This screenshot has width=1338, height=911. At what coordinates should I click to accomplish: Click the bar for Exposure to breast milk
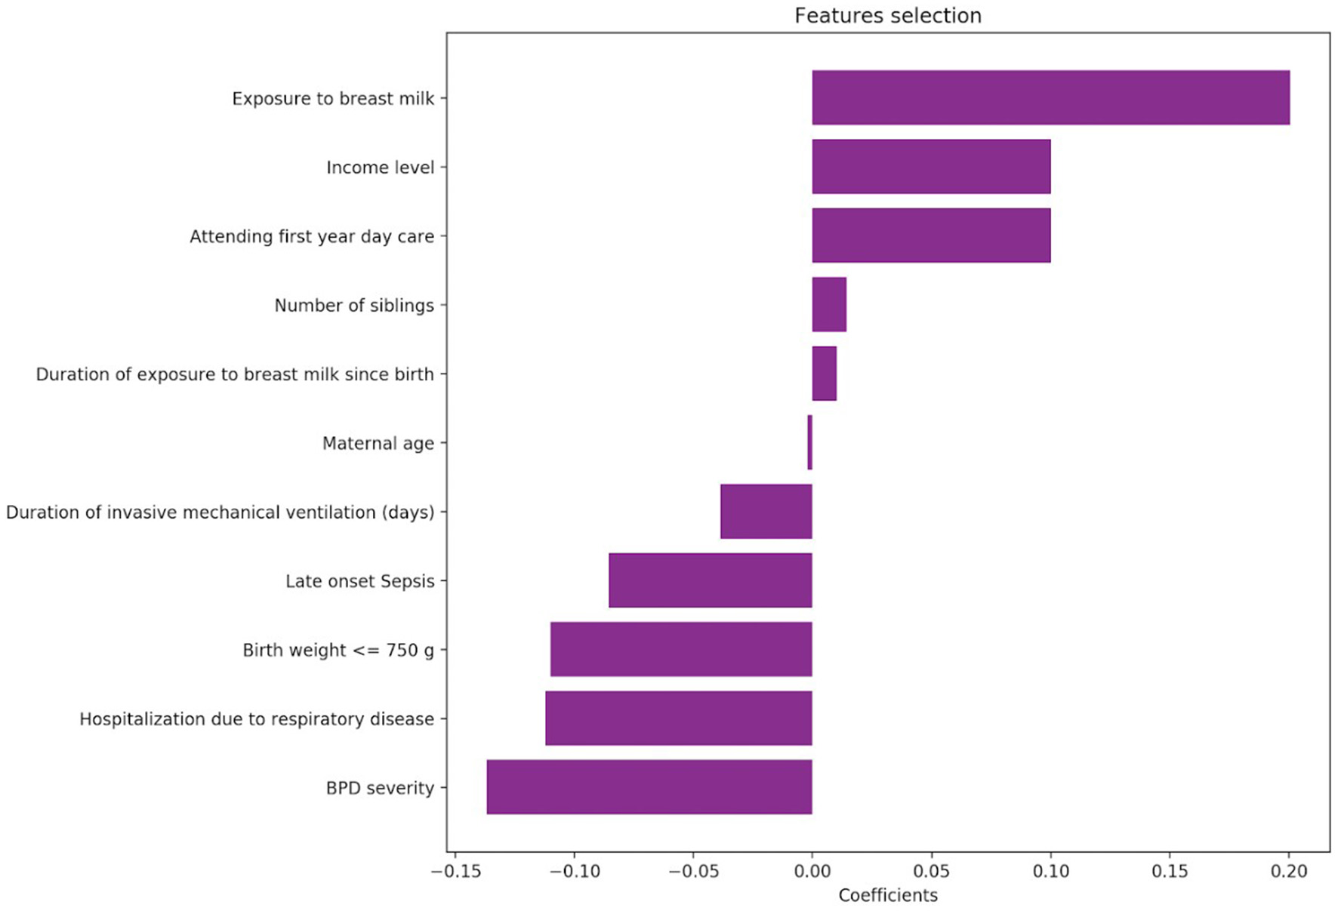coord(1050,97)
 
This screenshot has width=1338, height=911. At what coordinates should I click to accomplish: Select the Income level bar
coord(931,166)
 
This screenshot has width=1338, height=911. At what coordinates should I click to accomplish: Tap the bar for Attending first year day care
coord(931,235)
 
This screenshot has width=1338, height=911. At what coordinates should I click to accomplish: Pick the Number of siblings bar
coord(829,304)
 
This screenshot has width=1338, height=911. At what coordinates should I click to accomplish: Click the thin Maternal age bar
coord(810,442)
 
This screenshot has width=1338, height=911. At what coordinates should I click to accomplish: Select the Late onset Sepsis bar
coord(710,580)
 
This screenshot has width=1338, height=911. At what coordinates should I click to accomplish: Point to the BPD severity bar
coord(649,787)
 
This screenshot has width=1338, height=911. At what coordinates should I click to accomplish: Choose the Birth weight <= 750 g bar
coord(681,649)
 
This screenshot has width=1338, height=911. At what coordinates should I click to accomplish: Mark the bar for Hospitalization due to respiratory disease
coord(678,718)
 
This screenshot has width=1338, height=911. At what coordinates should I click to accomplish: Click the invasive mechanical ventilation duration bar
coord(766,511)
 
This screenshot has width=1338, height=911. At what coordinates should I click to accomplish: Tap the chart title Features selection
coord(888,15)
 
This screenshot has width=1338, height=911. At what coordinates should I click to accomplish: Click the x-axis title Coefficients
coord(888,896)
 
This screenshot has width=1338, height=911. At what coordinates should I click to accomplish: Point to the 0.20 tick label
coord(1288,872)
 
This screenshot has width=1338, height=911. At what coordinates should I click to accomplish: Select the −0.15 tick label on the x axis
coord(455,872)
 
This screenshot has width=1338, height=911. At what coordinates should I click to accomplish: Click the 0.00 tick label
coord(812,872)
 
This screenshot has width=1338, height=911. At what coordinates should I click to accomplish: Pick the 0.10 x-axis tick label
coord(1050,872)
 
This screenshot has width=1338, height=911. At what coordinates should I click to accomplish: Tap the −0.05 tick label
coord(692,872)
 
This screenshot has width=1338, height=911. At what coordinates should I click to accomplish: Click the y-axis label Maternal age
coord(378,443)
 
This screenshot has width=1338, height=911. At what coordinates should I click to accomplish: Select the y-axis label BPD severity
coord(380,788)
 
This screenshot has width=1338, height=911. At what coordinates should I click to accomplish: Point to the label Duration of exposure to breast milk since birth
coord(235,374)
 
